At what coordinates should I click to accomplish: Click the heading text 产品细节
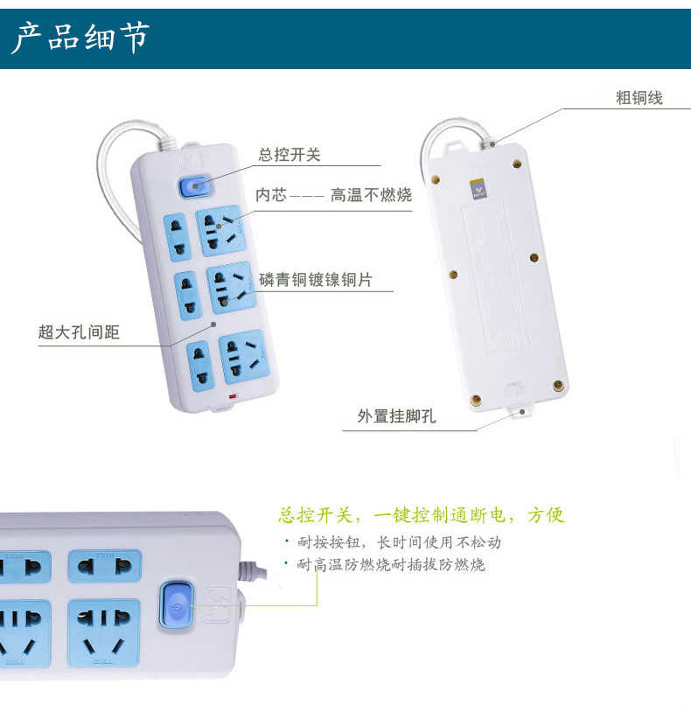[80, 38]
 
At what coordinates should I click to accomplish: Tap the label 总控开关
[290, 155]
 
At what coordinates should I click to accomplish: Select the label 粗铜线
[639, 98]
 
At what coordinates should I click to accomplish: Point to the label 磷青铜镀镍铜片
[316, 279]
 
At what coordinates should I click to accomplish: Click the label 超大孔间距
[79, 332]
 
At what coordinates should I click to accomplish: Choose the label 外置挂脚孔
[396, 416]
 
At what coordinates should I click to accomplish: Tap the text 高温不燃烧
[372, 195]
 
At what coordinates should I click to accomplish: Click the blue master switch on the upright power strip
[195, 186]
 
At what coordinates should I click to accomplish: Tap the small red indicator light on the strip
[233, 396]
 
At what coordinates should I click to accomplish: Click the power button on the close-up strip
[177, 604]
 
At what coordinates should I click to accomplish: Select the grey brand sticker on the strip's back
[479, 190]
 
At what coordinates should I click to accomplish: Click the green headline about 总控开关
[422, 515]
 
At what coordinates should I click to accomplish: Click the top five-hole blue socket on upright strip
[220, 231]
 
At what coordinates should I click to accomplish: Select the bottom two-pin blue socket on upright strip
[200, 366]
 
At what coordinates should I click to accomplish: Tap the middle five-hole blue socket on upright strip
[231, 288]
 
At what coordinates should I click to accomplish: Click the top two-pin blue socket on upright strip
[177, 238]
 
